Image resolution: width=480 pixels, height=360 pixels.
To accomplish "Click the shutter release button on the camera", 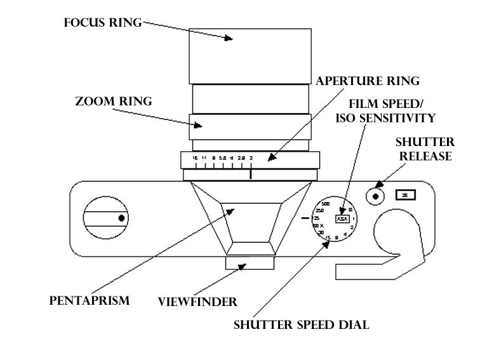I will pos(376,196).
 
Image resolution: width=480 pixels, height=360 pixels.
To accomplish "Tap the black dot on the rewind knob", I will pos(121,218).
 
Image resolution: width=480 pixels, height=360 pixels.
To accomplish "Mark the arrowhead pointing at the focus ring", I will pos(230,39).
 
